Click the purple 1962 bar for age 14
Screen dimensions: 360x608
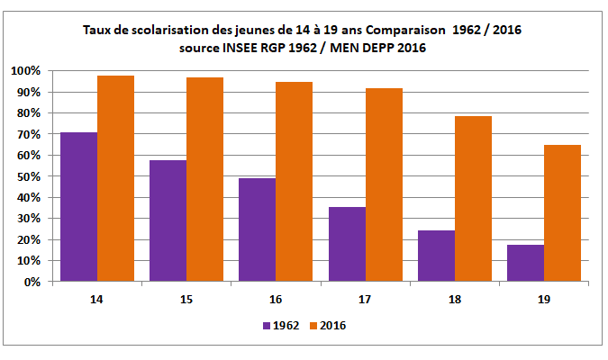click(78, 207)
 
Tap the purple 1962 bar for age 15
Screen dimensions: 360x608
click(168, 220)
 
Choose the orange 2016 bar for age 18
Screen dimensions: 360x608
click(473, 199)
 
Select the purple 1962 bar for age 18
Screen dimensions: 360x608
click(437, 256)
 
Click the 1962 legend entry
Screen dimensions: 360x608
click(282, 326)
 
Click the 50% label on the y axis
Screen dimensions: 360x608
click(27, 176)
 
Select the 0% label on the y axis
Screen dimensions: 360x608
click(30, 282)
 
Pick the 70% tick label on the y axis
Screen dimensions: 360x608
click(27, 134)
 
